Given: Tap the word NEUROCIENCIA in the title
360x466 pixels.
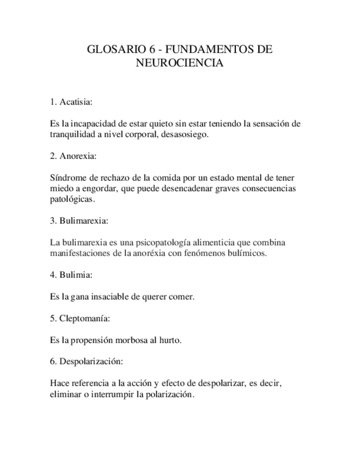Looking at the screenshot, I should (x=180, y=63).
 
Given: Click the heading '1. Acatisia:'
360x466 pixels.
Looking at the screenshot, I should (x=71, y=102).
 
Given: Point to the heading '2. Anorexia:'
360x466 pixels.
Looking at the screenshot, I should (x=73, y=156).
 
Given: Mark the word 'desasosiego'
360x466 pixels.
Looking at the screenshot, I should (x=186, y=135).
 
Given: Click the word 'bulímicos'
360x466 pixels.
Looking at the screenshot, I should (x=247, y=253).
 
